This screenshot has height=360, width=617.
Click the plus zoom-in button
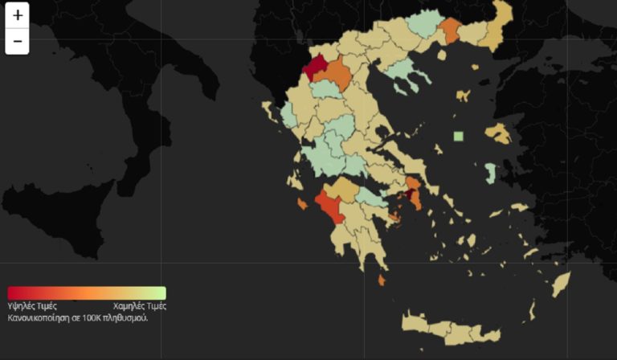point(18,15)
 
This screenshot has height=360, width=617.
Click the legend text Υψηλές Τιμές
point(32,306)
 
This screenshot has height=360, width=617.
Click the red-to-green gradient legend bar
point(87,293)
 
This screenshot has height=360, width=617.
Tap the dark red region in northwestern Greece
point(315,66)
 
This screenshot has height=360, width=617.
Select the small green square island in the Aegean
point(458,136)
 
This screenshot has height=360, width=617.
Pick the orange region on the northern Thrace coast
point(449,31)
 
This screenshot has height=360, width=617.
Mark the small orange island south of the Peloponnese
point(381,280)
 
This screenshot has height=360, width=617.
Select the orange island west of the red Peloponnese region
point(302,204)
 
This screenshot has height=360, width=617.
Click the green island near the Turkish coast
point(490,173)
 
